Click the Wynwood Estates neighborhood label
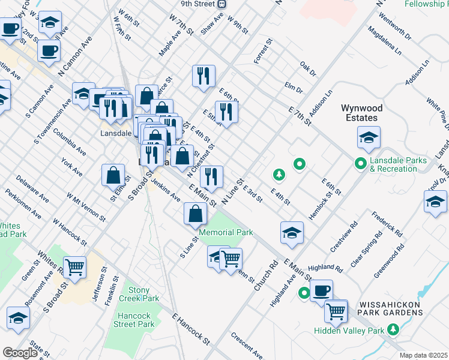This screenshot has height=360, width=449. pyautogui.click(x=362, y=113)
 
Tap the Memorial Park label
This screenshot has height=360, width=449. pyautogui.click(x=226, y=232)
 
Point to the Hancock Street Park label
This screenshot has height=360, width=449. pyautogui.click(x=134, y=320)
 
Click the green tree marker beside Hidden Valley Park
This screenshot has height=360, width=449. pyautogui.click(x=393, y=329)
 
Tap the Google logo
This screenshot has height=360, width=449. pyautogui.click(x=20, y=353)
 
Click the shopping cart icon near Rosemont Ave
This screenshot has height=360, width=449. pyautogui.click(x=74, y=268)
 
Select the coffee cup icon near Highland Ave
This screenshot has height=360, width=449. pyautogui.click(x=322, y=290)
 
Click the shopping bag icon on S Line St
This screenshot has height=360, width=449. pyautogui.click(x=196, y=214)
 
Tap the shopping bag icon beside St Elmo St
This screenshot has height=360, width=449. pyautogui.click(x=113, y=176)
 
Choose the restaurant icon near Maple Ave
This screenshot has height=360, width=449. pyautogui.click(x=203, y=76)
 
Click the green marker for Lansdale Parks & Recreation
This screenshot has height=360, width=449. pyautogui.click(x=360, y=163)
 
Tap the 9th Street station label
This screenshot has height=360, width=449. pyautogui.click(x=198, y=4)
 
